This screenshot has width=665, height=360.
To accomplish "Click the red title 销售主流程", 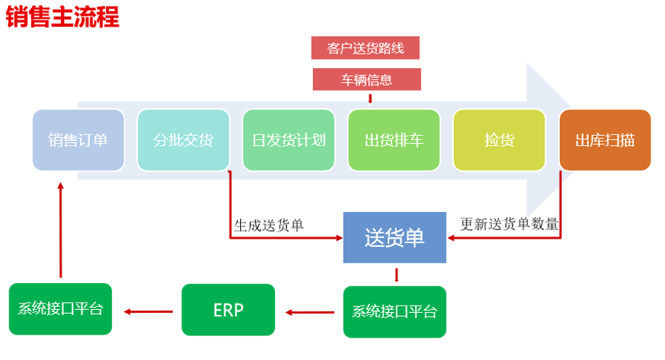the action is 62,17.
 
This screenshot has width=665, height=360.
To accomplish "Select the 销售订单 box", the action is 78,140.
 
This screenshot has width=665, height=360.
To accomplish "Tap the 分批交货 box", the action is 183,140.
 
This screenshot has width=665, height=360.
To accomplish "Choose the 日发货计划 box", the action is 289,140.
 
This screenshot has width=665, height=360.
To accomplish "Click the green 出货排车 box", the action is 394,140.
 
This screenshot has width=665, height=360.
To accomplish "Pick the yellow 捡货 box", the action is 499,140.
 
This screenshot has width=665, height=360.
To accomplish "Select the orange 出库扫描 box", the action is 605,140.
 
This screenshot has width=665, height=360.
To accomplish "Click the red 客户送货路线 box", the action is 366,48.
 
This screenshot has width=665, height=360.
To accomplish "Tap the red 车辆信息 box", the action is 367,79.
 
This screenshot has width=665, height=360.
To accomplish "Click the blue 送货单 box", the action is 395,237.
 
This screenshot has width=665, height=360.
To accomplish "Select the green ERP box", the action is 228,309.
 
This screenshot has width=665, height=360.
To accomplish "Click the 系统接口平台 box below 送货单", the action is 395,311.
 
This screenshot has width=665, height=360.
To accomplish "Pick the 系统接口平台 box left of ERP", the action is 60,308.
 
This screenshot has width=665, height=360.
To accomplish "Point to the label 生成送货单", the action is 269,225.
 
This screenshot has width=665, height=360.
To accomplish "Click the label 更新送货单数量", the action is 510,224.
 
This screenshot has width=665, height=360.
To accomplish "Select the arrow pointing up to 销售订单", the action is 61,230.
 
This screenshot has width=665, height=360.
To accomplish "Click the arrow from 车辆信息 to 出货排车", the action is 370,99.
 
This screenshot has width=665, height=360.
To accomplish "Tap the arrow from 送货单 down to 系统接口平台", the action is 396,275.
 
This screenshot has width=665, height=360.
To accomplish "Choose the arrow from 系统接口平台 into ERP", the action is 309,313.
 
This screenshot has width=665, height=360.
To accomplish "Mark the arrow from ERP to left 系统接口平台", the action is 148,311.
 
